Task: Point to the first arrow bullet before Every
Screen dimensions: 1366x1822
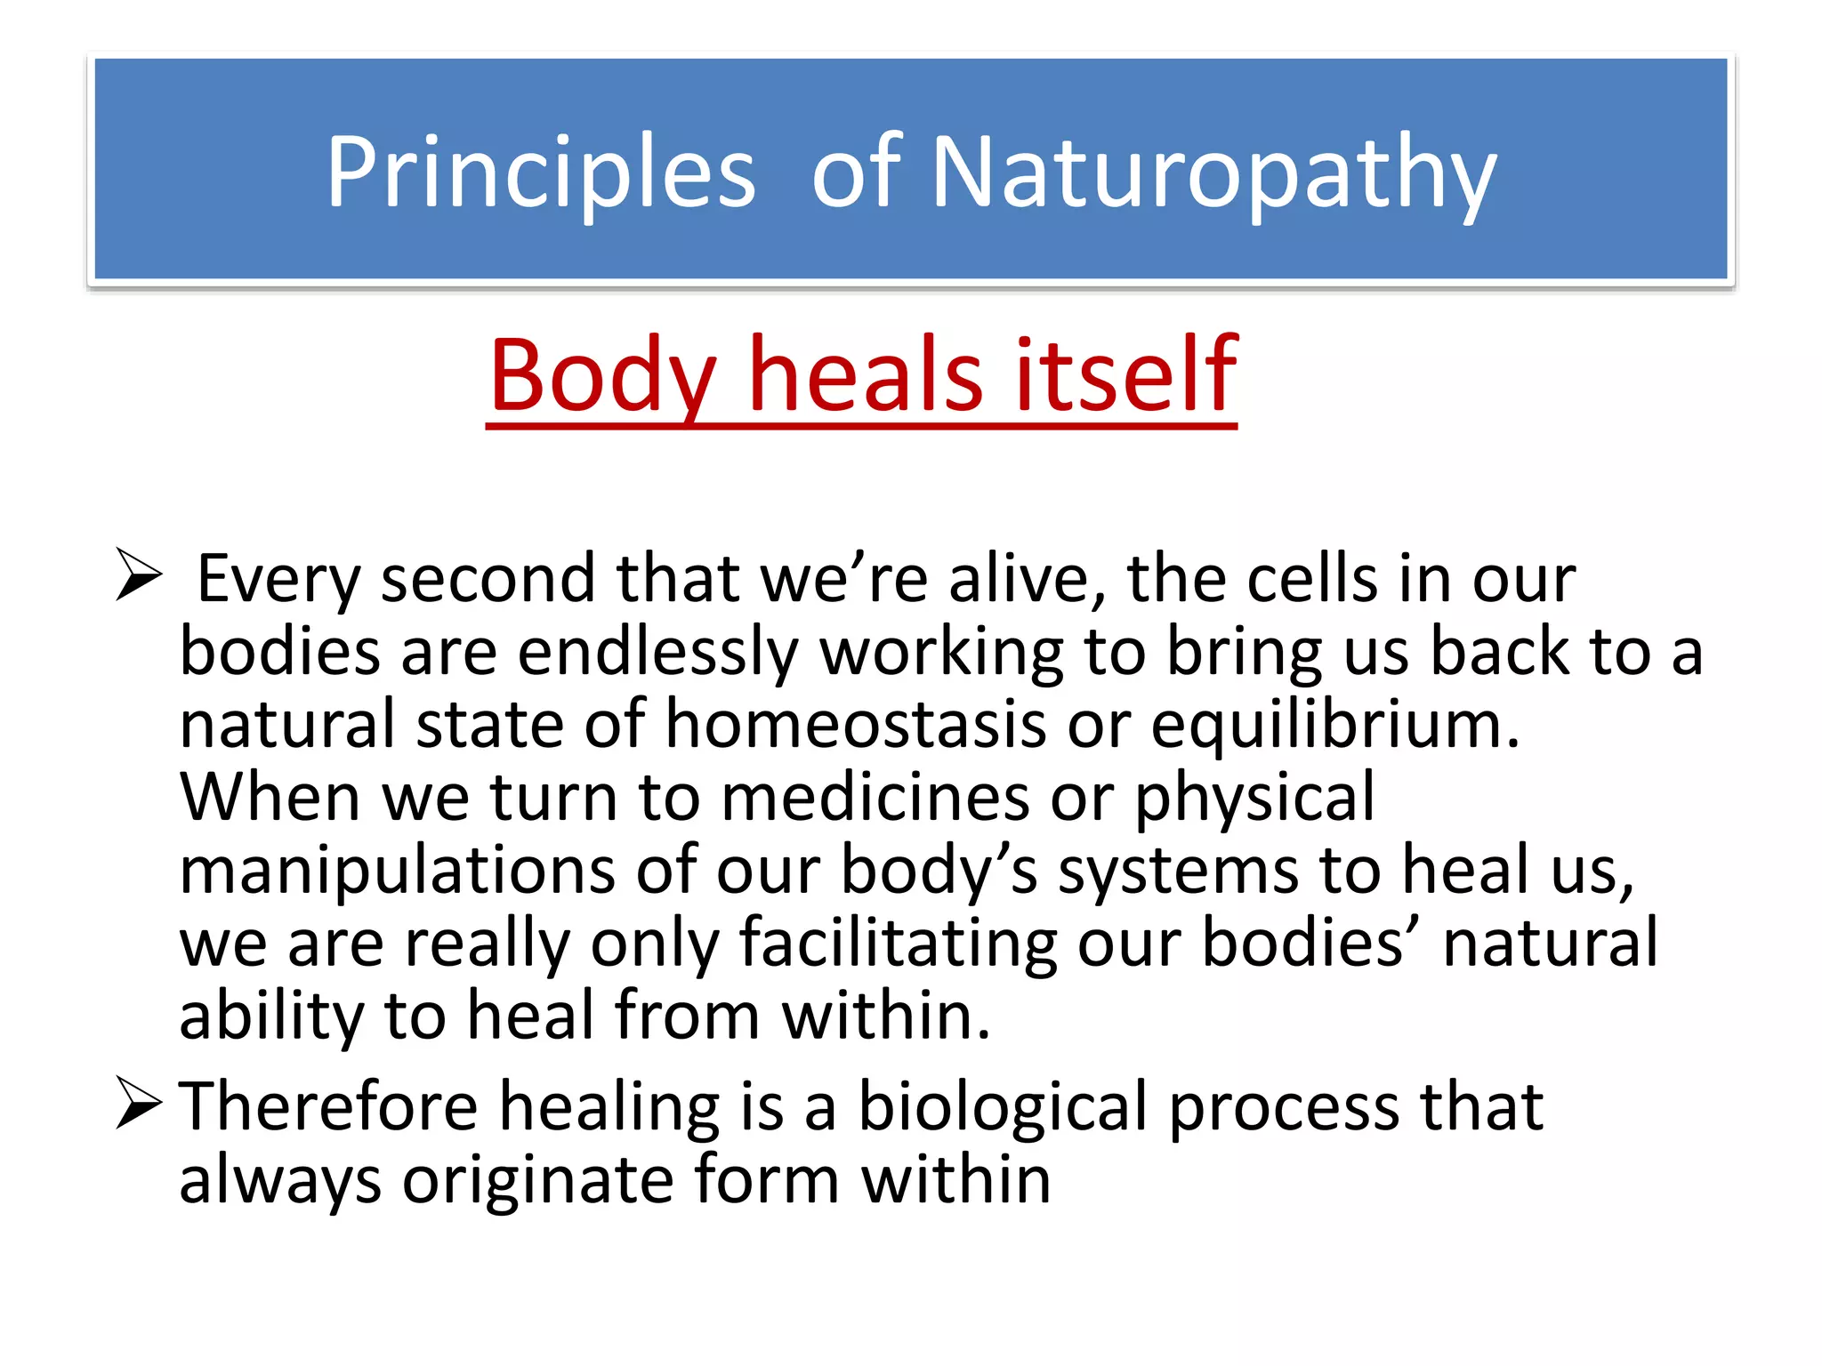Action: pyautogui.click(x=139, y=575)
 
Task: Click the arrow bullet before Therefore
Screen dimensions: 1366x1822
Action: pyautogui.click(x=139, y=1104)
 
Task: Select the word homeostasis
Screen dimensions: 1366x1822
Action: pyautogui.click(x=855, y=724)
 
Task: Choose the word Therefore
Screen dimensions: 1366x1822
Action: pyautogui.click(x=328, y=1106)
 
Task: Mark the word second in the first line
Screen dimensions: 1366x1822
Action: pyautogui.click(x=487, y=579)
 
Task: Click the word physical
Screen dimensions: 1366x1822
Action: pyautogui.click(x=1254, y=797)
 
